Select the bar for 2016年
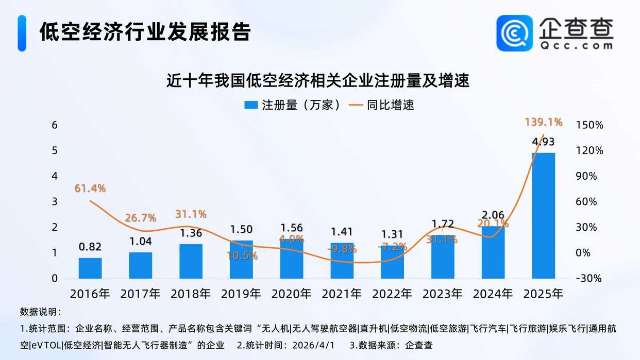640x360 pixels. click(90, 268)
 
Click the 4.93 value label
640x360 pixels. click(543, 142)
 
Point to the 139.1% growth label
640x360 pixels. click(543, 122)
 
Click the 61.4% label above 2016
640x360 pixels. click(90, 188)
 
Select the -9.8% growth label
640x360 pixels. click(342, 249)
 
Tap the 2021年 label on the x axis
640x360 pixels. click(342, 294)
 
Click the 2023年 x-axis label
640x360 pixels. click(443, 294)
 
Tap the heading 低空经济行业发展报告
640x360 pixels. click(145, 32)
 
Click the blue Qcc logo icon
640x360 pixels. click(514, 32)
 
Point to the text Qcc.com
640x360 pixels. click(577, 45)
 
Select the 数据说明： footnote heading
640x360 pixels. click(41, 312)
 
